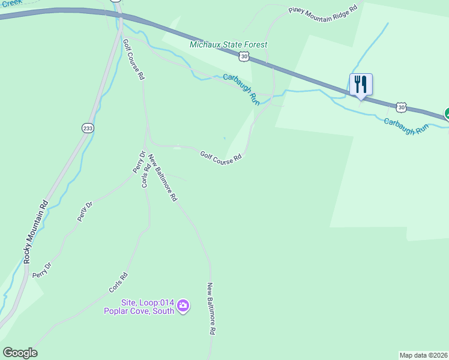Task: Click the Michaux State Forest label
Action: (228, 45)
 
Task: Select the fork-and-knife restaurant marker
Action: (361, 84)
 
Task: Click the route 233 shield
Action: (88, 128)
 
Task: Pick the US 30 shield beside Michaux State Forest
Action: (243, 57)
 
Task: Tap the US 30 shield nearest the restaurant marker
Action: (401, 107)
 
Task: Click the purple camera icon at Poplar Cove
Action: (184, 307)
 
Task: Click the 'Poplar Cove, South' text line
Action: (139, 311)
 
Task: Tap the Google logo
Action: (20, 353)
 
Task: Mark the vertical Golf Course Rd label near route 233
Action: (133, 60)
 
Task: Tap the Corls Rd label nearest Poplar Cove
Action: (118, 283)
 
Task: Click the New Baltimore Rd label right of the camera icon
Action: (211, 308)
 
